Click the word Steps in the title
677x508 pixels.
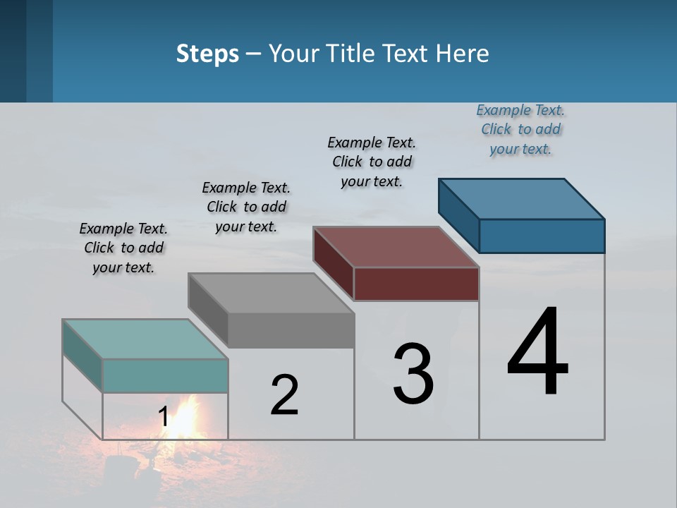pos(207,54)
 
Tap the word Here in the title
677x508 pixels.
pos(463,54)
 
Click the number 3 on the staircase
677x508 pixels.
pos(413,374)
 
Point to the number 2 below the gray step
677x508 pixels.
pos(284,395)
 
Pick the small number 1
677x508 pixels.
pos(164,417)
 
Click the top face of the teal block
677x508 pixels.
pos(145,339)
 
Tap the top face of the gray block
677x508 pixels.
pos(271,293)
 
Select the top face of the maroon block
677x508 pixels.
pos(396,247)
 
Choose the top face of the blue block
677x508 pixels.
pos(522,199)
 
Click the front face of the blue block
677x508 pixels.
pos(542,236)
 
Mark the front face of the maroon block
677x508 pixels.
pos(416,284)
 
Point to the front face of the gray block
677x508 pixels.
pos(291,330)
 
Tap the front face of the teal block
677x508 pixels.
pos(165,375)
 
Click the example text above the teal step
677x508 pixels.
pos(123,248)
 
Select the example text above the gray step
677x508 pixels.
pos(246,207)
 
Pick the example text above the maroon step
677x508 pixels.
pos(372,162)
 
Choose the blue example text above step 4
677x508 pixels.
pos(520,129)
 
